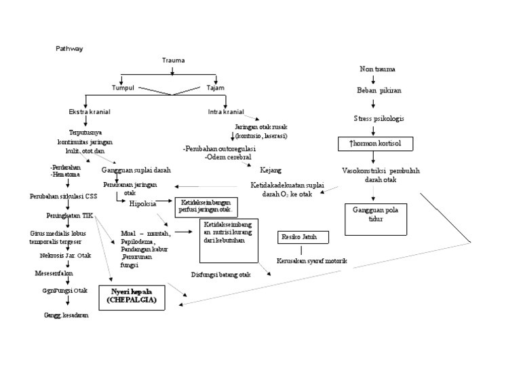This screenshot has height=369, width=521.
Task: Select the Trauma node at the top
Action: [173, 60]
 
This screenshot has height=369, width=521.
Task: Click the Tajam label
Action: [216, 88]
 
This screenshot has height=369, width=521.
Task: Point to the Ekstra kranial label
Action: [90, 111]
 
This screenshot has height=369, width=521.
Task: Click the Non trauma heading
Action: [378, 69]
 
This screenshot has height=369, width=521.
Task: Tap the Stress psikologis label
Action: [378, 118]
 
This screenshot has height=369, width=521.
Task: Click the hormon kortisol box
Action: [375, 144]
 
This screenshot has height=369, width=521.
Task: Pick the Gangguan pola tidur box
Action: [374, 215]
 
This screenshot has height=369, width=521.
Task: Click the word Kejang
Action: [271, 170]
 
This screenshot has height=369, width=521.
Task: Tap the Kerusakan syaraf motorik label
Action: [311, 260]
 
